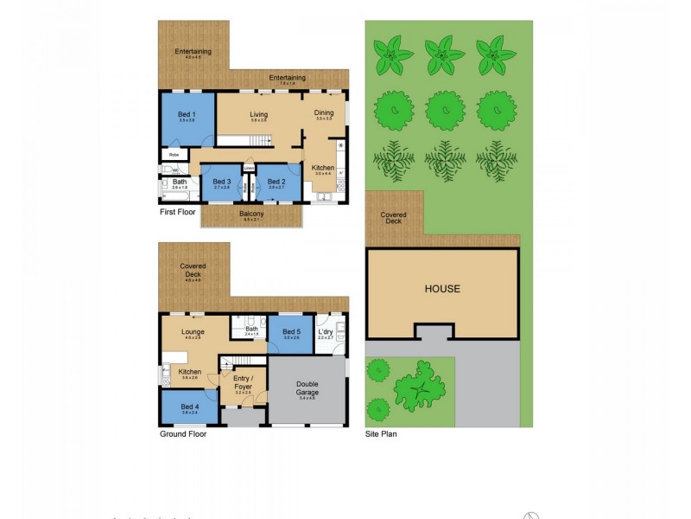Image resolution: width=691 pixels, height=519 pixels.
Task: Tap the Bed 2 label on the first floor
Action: [276, 182]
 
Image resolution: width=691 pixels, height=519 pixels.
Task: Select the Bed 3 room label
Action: [222, 182]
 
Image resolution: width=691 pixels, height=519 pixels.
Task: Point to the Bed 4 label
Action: [189, 407]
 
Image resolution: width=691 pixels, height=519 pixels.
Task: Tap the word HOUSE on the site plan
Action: [442, 289]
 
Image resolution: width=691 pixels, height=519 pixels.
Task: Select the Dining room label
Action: [324, 113]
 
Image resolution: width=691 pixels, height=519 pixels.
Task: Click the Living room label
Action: [258, 115]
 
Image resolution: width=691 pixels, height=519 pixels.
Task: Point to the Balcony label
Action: [252, 214]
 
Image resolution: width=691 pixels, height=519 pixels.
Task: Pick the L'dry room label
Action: [326, 333]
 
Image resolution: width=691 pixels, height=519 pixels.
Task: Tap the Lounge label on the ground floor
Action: [193, 332]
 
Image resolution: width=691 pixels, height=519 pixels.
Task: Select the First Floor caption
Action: [178, 211]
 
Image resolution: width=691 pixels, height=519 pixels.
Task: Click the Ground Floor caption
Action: [183, 434]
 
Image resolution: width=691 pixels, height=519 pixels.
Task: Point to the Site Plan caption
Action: [381, 434]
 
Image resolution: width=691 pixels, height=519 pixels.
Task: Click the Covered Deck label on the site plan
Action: [393, 218]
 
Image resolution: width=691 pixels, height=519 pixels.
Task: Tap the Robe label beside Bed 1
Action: [174, 155]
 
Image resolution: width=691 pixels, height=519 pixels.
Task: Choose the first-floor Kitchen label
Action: [323, 168]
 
